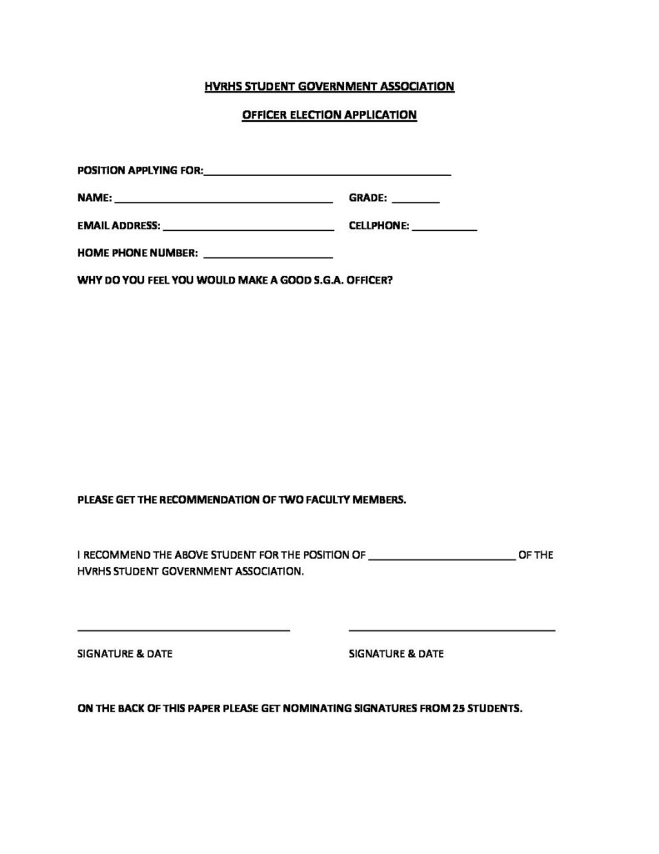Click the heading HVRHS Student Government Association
coord(329,86)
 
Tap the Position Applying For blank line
coord(327,173)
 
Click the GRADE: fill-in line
coord(415,201)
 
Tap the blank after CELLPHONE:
coord(444,228)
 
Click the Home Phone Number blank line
coord(267,254)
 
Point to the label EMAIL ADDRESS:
coord(118,226)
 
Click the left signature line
coord(183,630)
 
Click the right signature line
coord(452,630)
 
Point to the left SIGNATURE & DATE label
coord(125,654)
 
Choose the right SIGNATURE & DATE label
coord(396,654)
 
